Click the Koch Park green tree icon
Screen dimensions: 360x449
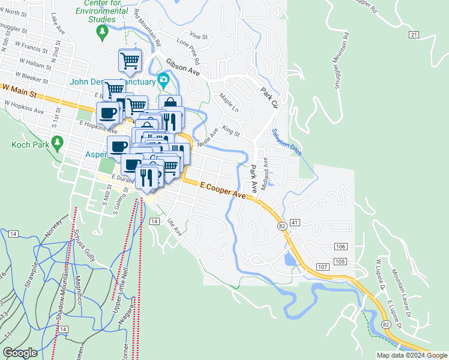coord(58,142)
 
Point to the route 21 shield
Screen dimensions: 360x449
coord(414,35)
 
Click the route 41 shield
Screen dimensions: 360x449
coord(294,222)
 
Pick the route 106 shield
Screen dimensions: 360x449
coord(340,247)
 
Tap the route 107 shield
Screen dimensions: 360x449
coord(322,266)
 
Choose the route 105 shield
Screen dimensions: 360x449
coord(340,261)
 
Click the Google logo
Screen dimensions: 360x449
coord(20,353)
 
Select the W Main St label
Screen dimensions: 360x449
coord(20,91)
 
